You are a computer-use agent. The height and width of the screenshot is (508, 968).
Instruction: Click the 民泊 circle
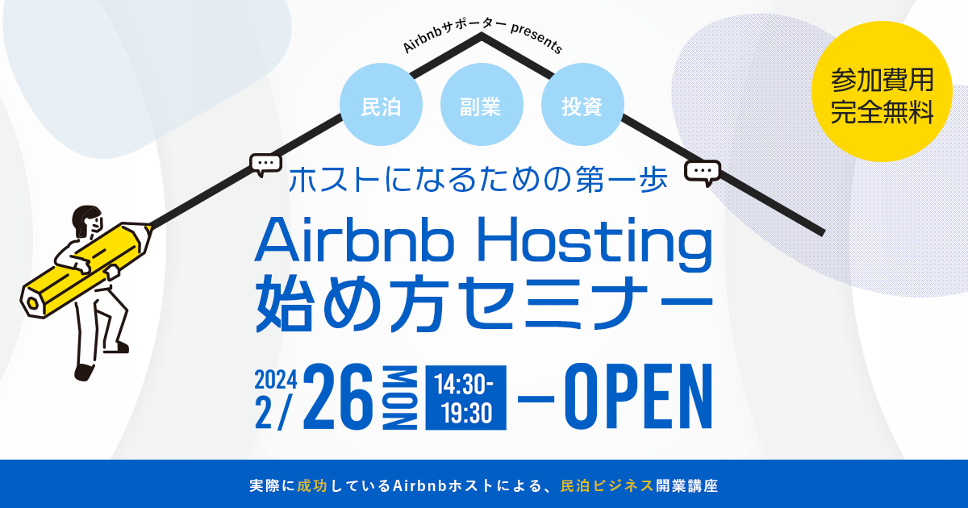(x=382, y=106)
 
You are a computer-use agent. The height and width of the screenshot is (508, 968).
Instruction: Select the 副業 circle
(x=481, y=106)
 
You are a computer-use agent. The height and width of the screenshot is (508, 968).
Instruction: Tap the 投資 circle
(x=582, y=106)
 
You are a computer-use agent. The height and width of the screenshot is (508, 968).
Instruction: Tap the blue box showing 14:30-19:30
(x=466, y=398)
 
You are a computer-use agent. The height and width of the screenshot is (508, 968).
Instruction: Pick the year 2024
(x=276, y=378)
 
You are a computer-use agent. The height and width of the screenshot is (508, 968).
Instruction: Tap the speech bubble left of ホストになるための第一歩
(x=265, y=164)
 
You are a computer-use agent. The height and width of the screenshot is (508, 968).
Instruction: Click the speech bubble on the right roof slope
(x=702, y=172)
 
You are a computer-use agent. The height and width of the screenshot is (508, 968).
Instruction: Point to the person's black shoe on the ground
(x=84, y=372)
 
